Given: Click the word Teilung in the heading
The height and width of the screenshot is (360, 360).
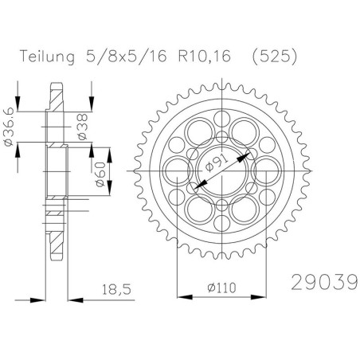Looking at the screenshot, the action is [47, 57].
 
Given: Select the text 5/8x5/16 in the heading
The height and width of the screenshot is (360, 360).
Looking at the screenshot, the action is [127, 56].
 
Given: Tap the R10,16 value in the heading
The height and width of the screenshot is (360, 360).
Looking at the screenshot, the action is [205, 57].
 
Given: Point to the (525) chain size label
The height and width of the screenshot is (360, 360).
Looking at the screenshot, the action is [275, 57].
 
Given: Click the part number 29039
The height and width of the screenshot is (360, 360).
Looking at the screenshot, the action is [324, 282].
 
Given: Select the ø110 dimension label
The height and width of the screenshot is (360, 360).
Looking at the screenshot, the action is [221, 288].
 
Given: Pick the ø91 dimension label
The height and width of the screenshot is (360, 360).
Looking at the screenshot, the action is [217, 164].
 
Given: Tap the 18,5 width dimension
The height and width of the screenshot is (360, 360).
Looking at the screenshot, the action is [117, 289].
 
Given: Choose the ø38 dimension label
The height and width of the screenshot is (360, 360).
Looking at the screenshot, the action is [82, 127].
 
